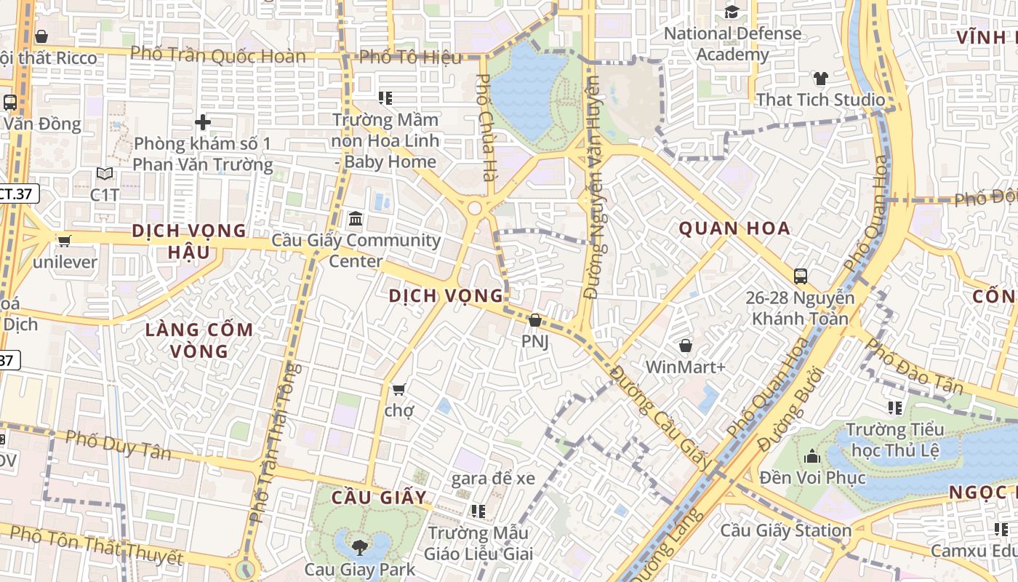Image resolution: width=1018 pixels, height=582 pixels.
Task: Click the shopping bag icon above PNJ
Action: coord(535,320)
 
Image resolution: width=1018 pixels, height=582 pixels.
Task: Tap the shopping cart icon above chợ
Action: coord(398,389)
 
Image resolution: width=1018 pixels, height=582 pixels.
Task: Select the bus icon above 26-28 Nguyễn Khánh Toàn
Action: coord(801,276)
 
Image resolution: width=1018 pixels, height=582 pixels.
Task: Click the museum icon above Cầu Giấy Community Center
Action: coord(356,218)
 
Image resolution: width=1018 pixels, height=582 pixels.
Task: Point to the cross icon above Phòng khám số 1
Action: coord(203,122)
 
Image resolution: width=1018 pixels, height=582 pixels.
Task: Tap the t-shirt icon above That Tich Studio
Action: coord(820,79)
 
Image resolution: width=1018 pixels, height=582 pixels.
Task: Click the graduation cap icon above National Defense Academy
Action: coord(732,12)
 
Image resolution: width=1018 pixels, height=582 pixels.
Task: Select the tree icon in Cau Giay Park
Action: coord(359,546)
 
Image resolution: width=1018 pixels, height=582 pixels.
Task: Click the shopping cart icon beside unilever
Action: coord(65,241)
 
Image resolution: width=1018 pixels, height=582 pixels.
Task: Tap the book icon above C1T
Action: coord(105,174)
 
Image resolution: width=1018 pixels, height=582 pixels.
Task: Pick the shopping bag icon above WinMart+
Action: coord(685,346)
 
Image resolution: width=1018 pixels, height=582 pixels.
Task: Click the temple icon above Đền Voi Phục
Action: coord(812,456)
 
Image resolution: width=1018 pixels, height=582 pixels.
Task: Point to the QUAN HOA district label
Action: coord(734,228)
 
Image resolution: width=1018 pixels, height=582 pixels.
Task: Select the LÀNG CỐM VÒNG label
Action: coord(199,340)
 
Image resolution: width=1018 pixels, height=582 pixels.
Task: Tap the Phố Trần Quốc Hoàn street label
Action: coord(218,55)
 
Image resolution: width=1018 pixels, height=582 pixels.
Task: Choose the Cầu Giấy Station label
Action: coord(785,530)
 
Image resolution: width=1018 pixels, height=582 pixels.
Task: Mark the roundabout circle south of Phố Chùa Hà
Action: coord(475,209)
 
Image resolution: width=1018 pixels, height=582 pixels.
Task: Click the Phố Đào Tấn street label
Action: coord(914,366)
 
